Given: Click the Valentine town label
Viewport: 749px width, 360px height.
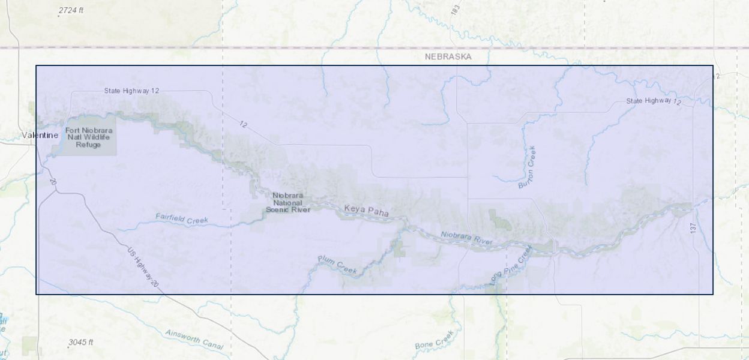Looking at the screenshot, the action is pyautogui.click(x=40, y=135).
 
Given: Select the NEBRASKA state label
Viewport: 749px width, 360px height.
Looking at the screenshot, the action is pyautogui.click(x=448, y=56).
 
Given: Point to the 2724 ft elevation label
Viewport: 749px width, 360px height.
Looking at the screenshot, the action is pyautogui.click(x=71, y=11).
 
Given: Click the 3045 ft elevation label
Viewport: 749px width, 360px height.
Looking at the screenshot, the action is pyautogui.click(x=80, y=343).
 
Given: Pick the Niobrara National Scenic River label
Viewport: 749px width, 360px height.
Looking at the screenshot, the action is pyautogui.click(x=288, y=202).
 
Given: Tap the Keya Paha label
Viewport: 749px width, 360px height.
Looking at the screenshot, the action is pyautogui.click(x=366, y=211).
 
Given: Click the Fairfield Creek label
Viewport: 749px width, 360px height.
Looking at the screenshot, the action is pyautogui.click(x=182, y=219).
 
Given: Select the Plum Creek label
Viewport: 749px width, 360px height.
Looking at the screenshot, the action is pyautogui.click(x=337, y=264).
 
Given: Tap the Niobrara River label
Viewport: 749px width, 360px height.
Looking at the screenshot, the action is pyautogui.click(x=466, y=238).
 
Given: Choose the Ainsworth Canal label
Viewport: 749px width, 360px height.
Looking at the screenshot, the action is pyautogui.click(x=194, y=339).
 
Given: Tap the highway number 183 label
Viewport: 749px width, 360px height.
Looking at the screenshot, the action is pyautogui.click(x=455, y=10).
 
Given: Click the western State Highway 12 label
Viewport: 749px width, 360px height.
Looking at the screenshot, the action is pyautogui.click(x=131, y=91).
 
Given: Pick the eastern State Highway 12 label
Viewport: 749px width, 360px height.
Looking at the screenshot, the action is pyautogui.click(x=654, y=101).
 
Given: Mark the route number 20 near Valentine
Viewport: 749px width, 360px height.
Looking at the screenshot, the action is pyautogui.click(x=53, y=182).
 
